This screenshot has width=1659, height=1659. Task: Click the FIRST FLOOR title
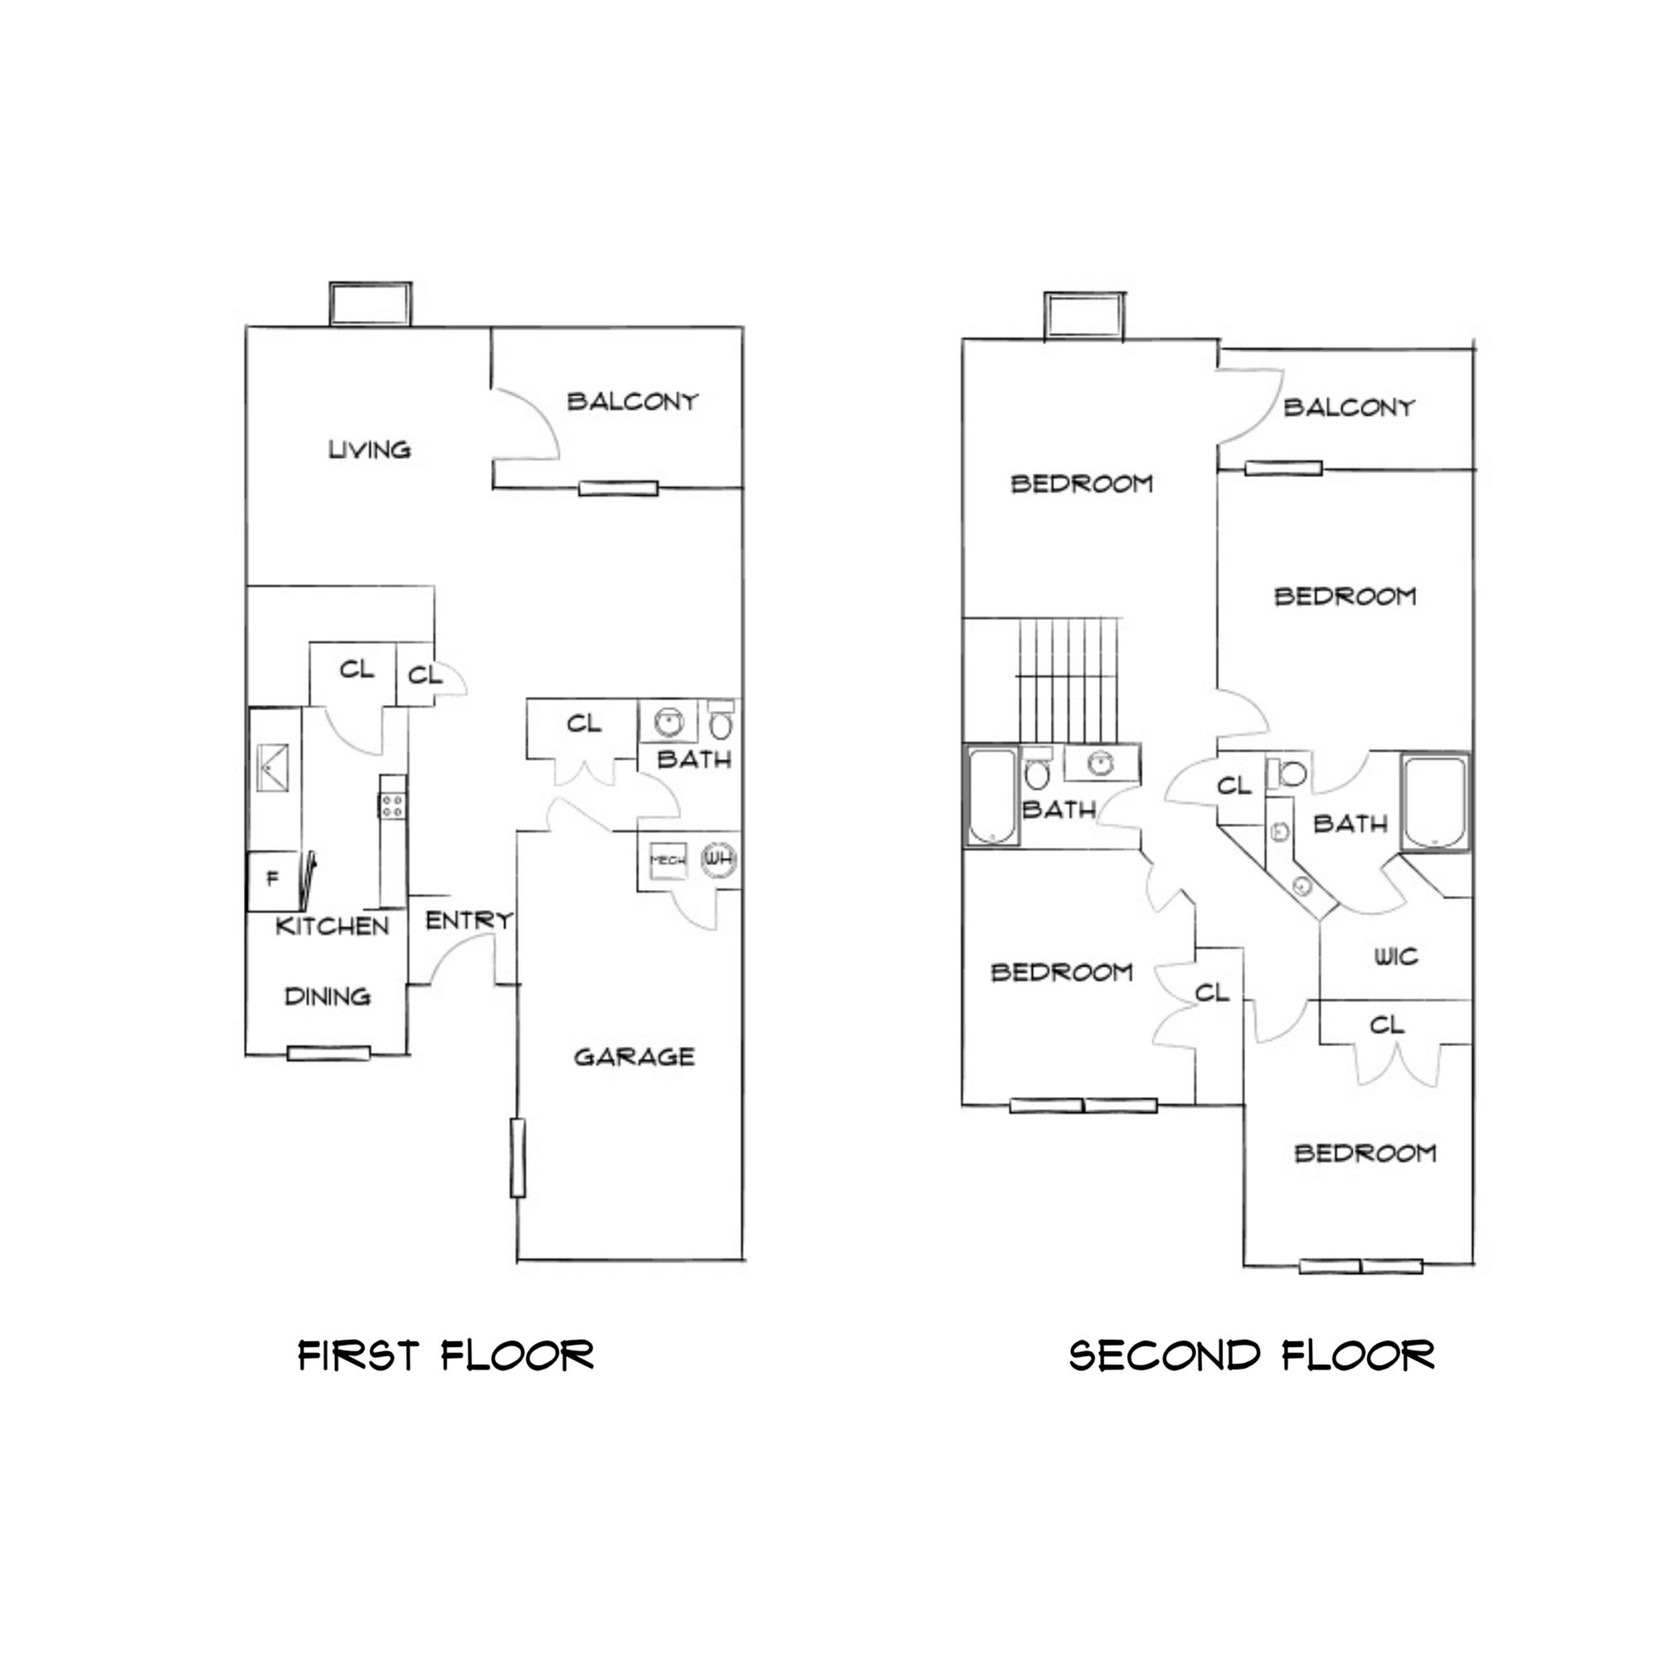coord(445,1356)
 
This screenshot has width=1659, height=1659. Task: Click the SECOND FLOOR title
coord(1251,1356)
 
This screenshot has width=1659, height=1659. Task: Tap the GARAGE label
coord(634,1057)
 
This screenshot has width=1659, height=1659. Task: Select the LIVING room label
coord(370,449)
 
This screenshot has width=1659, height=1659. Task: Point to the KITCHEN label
coord(333,927)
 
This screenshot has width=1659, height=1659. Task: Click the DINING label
coord(327,997)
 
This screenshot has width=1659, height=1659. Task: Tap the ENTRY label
coord(469,921)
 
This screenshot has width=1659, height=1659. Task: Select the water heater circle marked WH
coord(718,858)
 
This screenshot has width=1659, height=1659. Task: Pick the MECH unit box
coord(668,859)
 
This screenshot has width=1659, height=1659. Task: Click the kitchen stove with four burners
coord(393,805)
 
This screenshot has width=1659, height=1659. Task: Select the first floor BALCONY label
coord(633,401)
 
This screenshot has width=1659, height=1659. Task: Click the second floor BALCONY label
coord(1349,407)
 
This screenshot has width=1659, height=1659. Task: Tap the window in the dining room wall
coord(328,1053)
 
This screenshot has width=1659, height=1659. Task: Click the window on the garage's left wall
coord(518,1157)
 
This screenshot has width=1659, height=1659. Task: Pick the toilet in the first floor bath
coord(721,722)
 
